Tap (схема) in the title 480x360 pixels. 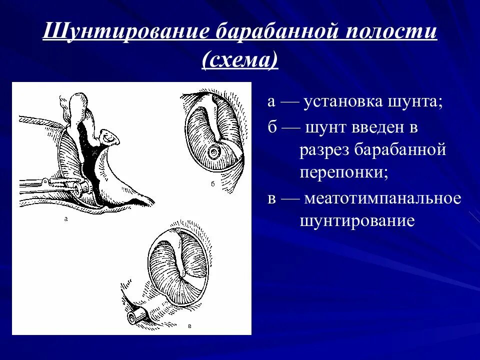tap(239, 60)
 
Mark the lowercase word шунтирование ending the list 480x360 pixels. tap(357, 220)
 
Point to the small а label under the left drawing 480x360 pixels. tap(65, 218)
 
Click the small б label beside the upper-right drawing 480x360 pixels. tap(212, 184)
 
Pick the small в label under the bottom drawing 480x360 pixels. tap(189, 326)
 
